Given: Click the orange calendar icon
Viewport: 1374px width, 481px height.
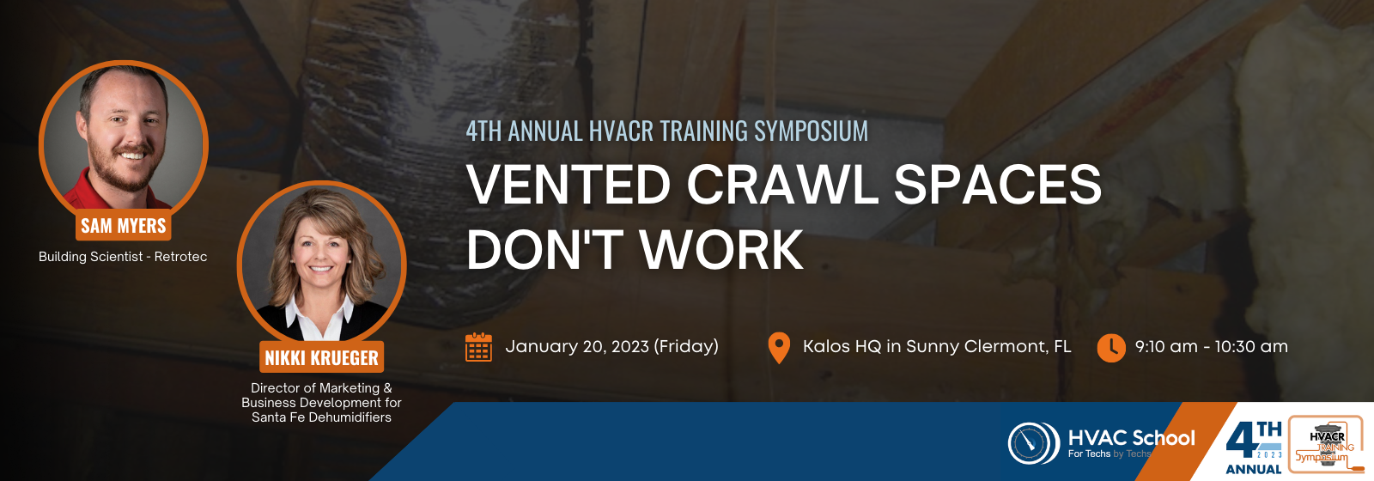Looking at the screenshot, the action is (x=478, y=347).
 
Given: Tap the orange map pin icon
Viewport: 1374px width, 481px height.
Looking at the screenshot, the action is (x=778, y=347).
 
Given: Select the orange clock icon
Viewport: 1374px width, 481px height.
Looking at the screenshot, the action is (x=1111, y=348).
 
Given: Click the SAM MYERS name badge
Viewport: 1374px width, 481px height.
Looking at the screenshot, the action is (x=124, y=225).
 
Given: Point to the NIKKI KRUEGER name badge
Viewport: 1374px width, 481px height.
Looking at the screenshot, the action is (x=321, y=357).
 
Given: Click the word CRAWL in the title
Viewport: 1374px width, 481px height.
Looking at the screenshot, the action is (x=782, y=184).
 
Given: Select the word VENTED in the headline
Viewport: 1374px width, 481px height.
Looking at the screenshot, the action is (x=568, y=184).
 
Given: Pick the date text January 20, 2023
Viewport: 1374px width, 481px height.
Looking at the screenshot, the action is (x=576, y=347).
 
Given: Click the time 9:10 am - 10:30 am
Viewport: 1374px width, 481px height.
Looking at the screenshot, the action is (x=1212, y=347).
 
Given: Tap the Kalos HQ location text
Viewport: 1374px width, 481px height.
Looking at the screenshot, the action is (x=937, y=347).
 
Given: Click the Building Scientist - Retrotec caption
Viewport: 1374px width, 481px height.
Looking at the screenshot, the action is (x=123, y=257).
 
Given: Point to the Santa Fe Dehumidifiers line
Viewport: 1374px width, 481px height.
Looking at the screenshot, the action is (x=321, y=417).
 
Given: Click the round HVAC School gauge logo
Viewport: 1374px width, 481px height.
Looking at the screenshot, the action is (x=1033, y=443).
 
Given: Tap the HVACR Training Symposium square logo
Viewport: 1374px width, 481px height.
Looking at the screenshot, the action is (x=1326, y=445).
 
